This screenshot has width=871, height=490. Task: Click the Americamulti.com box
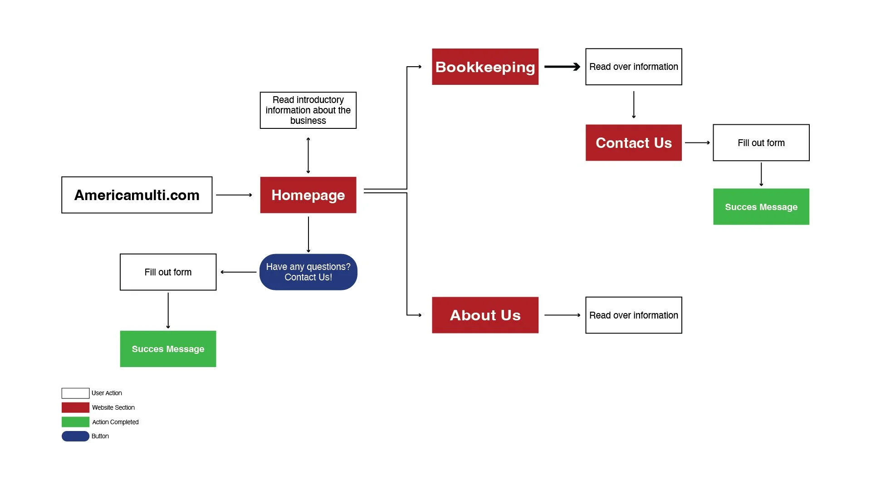coord(137,195)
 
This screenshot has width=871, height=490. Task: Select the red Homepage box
coord(308,195)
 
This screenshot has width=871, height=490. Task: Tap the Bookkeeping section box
coord(485,67)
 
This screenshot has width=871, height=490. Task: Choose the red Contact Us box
coord(633,142)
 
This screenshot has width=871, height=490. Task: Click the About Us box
coord(485,315)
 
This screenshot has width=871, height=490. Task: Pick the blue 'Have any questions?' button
coord(308,272)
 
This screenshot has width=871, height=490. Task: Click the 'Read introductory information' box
coord(308,110)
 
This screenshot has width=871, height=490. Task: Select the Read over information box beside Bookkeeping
coord(633,67)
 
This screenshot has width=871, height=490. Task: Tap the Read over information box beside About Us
coord(633,315)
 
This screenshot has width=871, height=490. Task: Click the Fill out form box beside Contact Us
coord(761,142)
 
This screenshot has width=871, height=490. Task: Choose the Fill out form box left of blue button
coord(168,272)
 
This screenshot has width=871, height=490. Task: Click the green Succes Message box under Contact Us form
coord(761,206)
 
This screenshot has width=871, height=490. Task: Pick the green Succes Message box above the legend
coord(168,348)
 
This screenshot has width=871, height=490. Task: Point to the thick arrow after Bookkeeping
coord(562,67)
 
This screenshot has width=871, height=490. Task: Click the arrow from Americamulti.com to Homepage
coord(234,195)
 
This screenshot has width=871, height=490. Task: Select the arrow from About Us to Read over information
coord(562,315)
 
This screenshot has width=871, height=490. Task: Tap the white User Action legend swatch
coord(75,393)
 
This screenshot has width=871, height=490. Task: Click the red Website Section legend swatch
coord(75,407)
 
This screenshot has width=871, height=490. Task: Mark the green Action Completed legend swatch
coord(75,422)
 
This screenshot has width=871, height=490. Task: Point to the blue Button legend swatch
coord(75,436)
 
